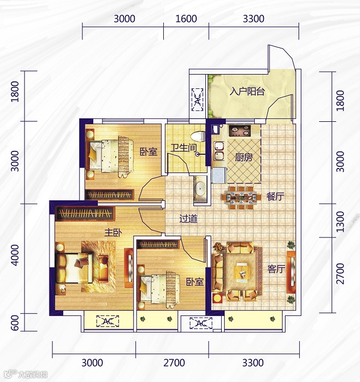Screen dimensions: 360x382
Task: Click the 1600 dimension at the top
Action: (x=186, y=19)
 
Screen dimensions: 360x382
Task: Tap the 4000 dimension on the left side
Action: (x=15, y=255)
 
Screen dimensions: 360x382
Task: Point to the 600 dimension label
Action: (x=15, y=323)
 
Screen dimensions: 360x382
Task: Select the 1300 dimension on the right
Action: (x=340, y=221)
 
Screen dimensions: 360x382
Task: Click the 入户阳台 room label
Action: (x=247, y=92)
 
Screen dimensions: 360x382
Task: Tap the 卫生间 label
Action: (x=183, y=148)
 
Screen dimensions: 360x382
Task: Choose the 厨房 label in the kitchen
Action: (x=243, y=158)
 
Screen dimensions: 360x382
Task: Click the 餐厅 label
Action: (x=275, y=196)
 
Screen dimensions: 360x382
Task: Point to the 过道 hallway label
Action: (x=188, y=219)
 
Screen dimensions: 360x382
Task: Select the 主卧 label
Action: (x=113, y=233)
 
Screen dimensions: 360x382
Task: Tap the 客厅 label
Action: (x=276, y=269)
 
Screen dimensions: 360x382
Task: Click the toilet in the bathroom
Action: (x=198, y=136)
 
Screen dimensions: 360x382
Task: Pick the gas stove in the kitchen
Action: (x=240, y=130)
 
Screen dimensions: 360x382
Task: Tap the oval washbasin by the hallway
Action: (x=200, y=188)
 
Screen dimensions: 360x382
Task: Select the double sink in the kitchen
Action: (x=219, y=151)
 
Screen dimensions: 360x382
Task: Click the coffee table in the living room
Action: (x=242, y=272)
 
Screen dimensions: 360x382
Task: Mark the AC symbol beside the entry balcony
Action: (x=197, y=100)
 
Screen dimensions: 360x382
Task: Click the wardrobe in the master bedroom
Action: (x=85, y=213)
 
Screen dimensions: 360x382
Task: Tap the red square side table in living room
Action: (x=217, y=298)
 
